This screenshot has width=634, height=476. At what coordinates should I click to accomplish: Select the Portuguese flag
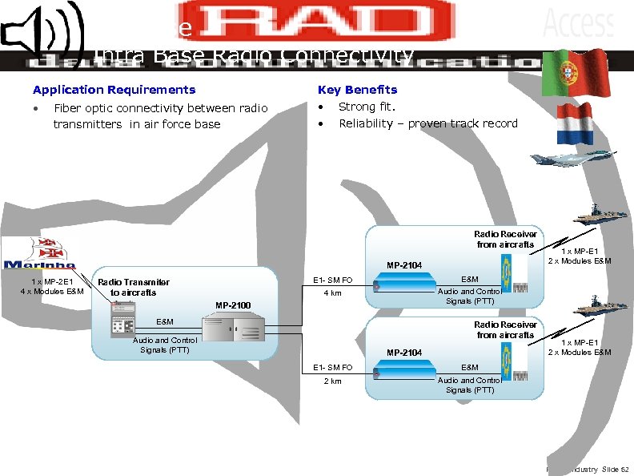pyautogui.click(x=575, y=72)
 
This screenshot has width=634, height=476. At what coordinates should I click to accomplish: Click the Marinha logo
pyautogui.click(x=40, y=255)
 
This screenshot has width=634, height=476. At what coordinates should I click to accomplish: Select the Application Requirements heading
pyautogui.click(x=114, y=90)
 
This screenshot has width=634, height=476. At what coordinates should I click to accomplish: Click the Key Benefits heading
pyautogui.click(x=357, y=90)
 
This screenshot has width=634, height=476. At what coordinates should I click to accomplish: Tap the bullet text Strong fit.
pyautogui.click(x=367, y=107)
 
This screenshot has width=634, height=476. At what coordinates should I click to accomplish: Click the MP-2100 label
pyautogui.click(x=234, y=305)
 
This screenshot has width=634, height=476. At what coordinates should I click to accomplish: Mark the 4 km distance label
pyautogui.click(x=331, y=293)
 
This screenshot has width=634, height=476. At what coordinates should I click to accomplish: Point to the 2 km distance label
pyautogui.click(x=331, y=381)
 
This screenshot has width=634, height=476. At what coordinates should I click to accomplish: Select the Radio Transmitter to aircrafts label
pyautogui.click(x=133, y=287)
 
